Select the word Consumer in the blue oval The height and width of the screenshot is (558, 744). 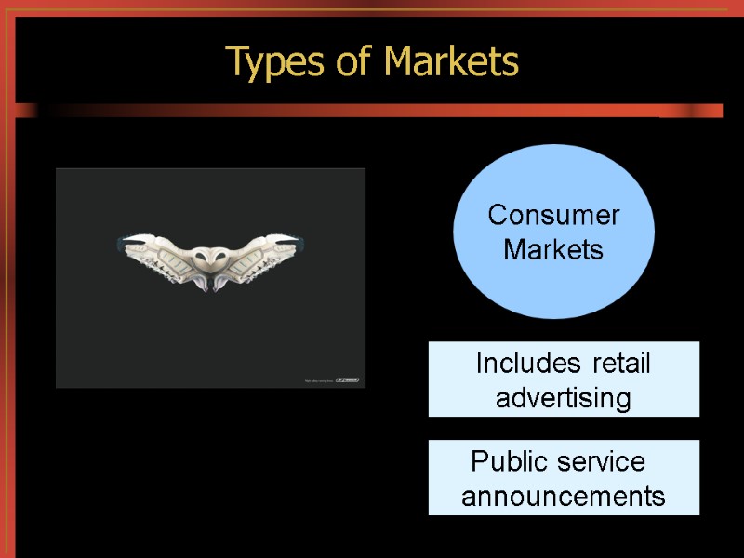553,216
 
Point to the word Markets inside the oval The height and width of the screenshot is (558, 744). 553,250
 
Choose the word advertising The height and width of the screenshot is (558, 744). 564,398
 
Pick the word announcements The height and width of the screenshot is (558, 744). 564,497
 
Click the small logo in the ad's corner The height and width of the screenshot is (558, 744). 348,379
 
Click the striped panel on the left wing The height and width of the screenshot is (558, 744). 168,261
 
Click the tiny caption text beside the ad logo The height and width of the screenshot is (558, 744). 319,380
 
